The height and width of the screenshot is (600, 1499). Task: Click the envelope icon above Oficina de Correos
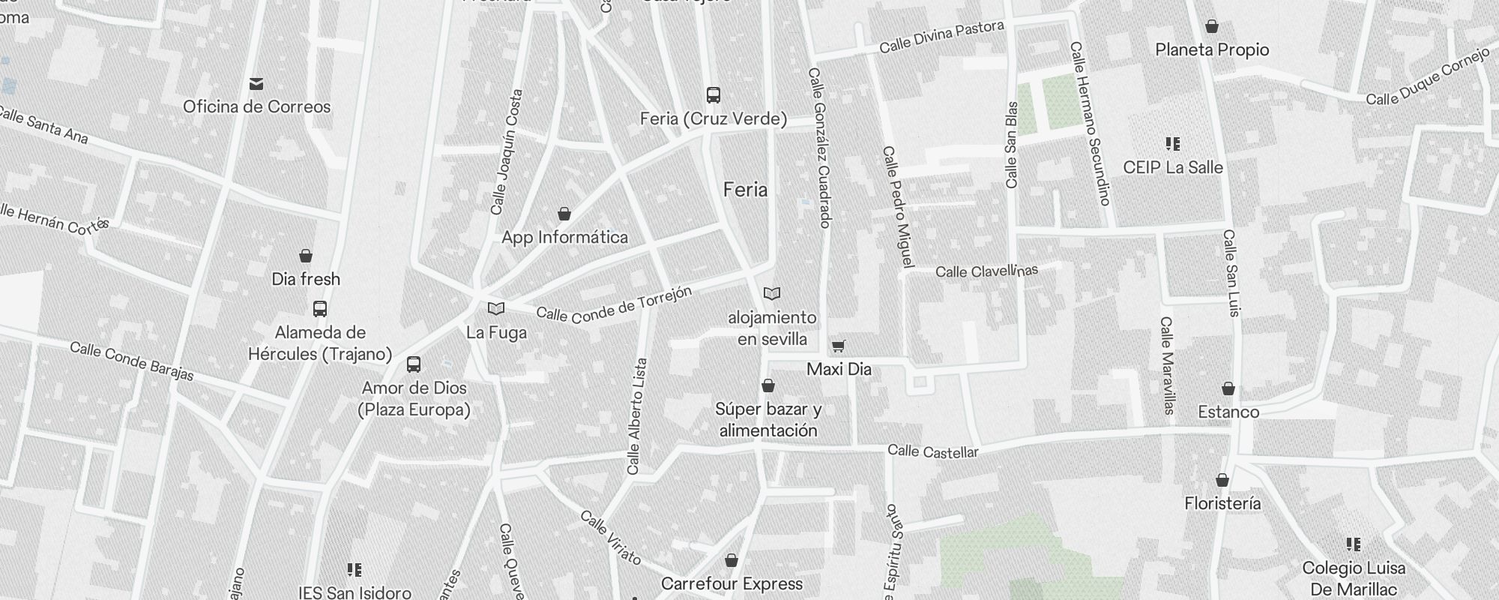256,83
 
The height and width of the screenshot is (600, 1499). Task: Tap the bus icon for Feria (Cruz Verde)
714,95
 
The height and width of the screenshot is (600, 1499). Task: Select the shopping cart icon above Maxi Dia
839,346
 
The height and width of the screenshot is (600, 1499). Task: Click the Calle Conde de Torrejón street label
614,305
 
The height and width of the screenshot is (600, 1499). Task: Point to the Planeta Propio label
1212,49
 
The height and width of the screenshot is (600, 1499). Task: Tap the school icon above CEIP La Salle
1173,144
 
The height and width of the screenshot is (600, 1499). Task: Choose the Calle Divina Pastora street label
941,37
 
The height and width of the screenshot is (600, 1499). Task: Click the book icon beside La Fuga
495,308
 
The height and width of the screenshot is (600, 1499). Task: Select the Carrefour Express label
732,583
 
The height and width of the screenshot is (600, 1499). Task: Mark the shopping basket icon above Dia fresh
306,256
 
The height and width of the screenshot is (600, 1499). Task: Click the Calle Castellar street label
933,451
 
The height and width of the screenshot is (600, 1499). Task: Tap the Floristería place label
1222,503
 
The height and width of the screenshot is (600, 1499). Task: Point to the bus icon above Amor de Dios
414,365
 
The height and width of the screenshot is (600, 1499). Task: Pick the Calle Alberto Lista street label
636,416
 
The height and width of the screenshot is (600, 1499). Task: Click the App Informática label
564,238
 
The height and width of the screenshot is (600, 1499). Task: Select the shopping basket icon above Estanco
1228,388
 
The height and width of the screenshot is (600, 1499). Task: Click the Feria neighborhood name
745,190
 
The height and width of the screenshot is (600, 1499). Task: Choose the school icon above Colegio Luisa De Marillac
1354,544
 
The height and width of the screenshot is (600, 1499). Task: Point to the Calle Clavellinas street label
986,271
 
